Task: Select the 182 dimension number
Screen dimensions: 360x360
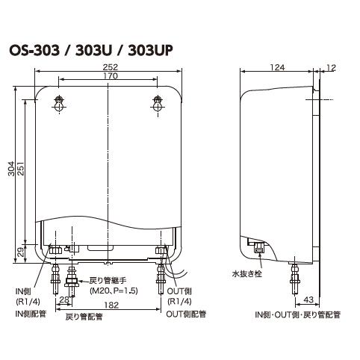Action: coord(111,305)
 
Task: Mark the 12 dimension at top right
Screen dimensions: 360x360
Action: coord(331,68)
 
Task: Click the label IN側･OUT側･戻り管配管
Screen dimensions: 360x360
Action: coord(297,315)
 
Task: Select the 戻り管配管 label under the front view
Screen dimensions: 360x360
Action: coord(84,317)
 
